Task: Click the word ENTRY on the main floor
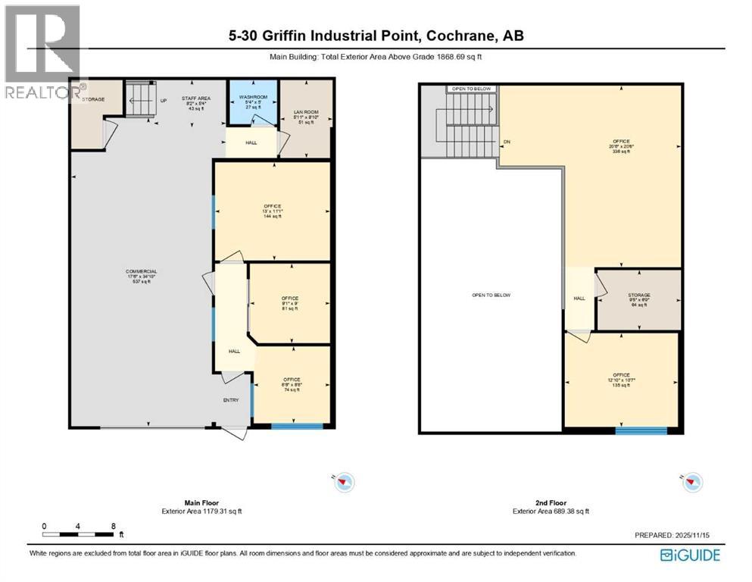(230, 400)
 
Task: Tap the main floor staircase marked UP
(139, 100)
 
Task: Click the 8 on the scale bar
(113, 525)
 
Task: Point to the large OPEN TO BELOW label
(491, 295)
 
